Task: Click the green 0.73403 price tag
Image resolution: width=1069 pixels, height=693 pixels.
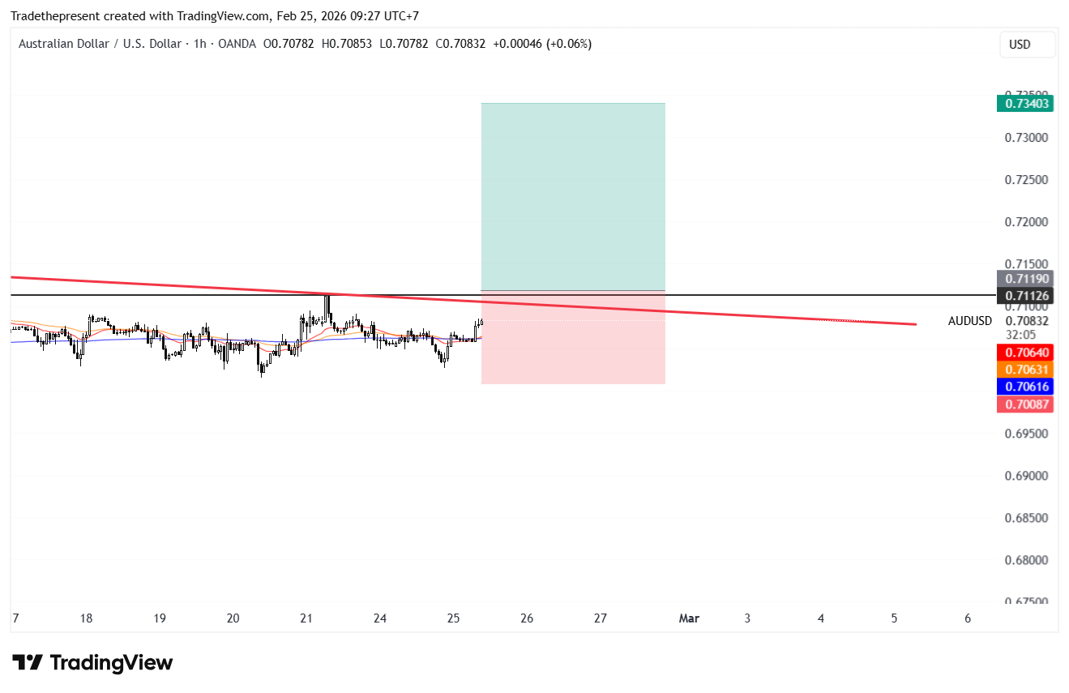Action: (x=1025, y=103)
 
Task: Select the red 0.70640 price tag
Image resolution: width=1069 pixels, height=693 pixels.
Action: (x=1025, y=353)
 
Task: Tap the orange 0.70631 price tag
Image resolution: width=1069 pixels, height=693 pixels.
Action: (x=1025, y=370)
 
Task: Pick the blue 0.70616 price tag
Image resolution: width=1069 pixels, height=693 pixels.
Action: (x=1025, y=387)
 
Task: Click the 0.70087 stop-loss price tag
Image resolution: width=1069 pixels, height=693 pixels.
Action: (x=1025, y=404)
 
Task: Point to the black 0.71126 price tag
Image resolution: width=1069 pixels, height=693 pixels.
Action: (x=1025, y=296)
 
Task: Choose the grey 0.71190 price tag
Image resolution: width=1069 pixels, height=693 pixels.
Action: (x=1025, y=279)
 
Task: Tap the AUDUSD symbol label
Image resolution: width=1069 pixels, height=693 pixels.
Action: (x=969, y=321)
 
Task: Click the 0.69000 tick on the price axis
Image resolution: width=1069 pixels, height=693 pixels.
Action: (x=1026, y=476)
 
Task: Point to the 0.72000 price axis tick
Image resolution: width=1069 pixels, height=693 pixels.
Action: (x=1026, y=222)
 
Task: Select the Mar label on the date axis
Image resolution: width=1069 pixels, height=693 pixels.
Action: (x=689, y=618)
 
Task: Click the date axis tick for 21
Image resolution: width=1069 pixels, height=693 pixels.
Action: (x=306, y=618)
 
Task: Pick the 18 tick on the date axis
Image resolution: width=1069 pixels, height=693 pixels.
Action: (x=86, y=618)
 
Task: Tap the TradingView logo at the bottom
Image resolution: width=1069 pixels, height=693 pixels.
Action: (x=92, y=663)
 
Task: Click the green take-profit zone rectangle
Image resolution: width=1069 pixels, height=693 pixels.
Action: (x=573, y=196)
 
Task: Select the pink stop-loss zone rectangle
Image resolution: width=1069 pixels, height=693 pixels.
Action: (x=573, y=340)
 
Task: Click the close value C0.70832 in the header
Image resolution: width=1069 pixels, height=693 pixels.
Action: (x=460, y=44)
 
